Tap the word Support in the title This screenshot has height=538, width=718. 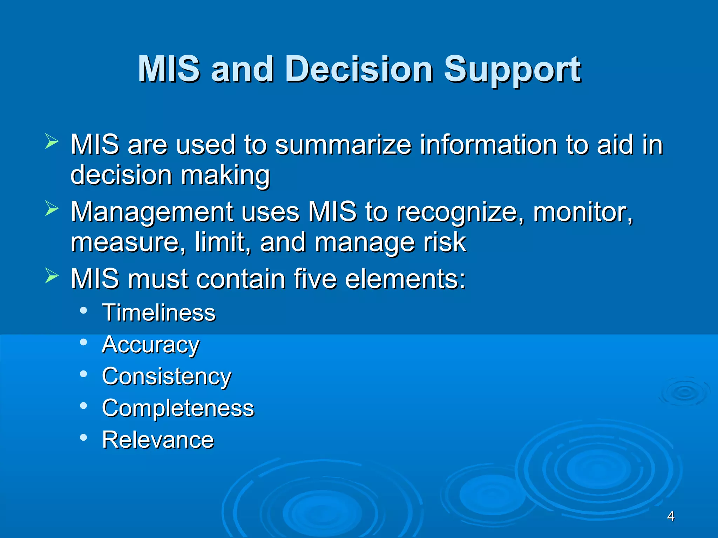(x=512, y=70)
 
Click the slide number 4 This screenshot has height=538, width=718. (x=671, y=516)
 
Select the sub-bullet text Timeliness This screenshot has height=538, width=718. (x=158, y=312)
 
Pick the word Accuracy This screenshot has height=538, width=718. (x=151, y=345)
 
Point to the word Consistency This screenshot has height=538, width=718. (x=167, y=377)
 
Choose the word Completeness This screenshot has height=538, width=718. (x=178, y=408)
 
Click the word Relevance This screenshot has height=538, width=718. (x=158, y=440)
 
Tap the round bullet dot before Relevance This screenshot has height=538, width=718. (x=83, y=437)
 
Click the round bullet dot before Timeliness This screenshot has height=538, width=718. (x=83, y=310)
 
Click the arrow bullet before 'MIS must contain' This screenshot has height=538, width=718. (x=52, y=276)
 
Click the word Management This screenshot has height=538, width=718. (x=152, y=212)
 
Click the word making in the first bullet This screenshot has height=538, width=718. (x=225, y=175)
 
